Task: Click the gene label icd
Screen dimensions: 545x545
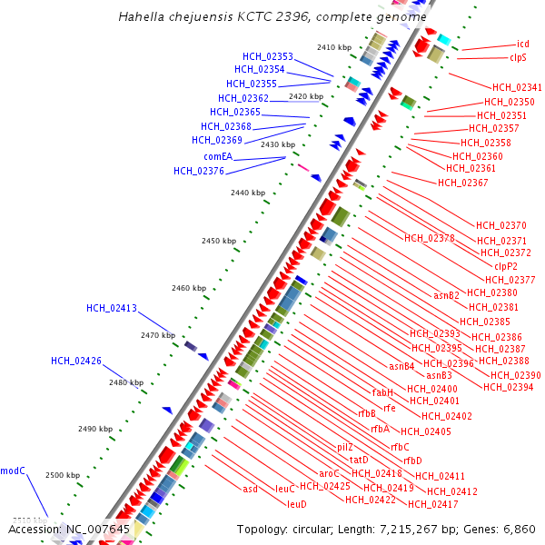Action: click(x=522, y=44)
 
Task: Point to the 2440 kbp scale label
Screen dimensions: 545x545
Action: click(x=247, y=193)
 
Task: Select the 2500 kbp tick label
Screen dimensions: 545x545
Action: click(x=63, y=475)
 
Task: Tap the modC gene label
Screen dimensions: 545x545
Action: click(x=13, y=470)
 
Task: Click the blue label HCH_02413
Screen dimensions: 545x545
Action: click(x=112, y=308)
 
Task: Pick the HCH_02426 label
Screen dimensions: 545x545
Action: click(x=76, y=361)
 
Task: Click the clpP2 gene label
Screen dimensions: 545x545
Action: click(x=505, y=265)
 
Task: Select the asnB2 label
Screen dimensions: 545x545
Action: click(x=447, y=295)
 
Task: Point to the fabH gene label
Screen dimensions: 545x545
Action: click(x=382, y=392)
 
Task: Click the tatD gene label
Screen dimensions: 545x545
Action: click(x=358, y=460)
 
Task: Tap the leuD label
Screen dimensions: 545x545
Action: click(x=297, y=503)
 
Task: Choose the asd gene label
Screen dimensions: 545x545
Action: click(x=250, y=489)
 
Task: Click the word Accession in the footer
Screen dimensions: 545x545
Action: click(x=34, y=529)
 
